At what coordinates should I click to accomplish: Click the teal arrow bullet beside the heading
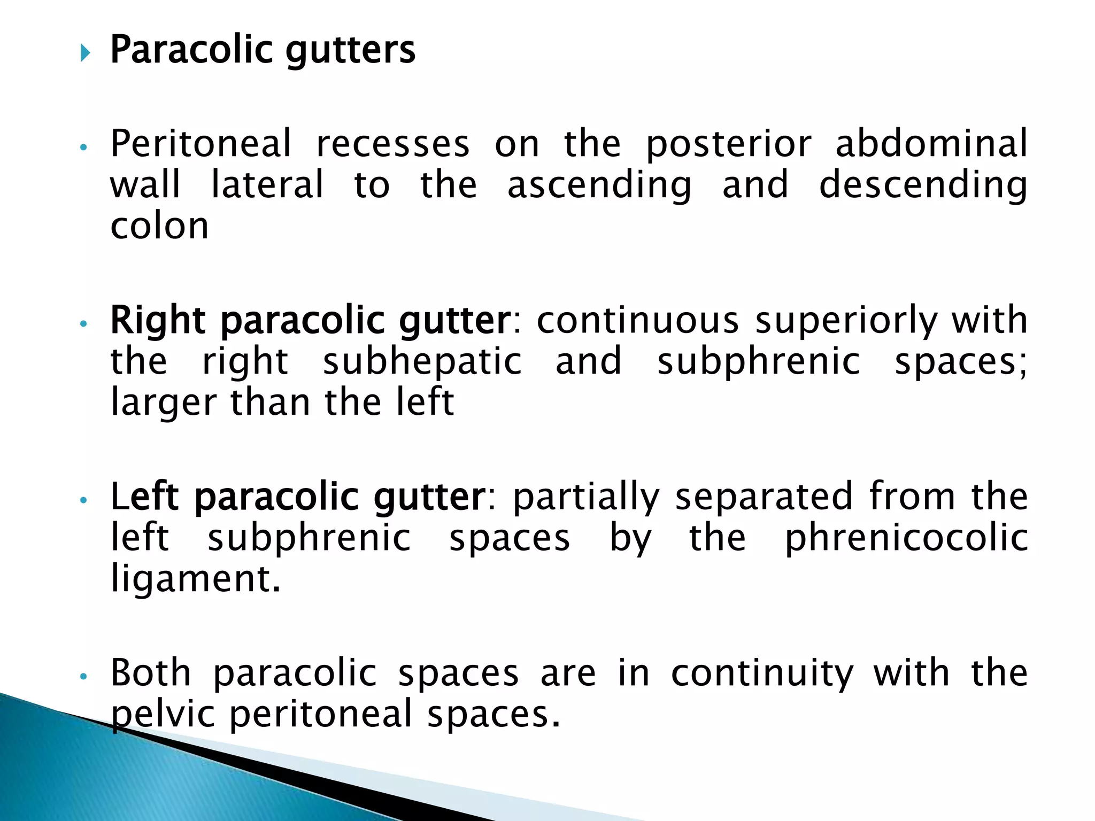click(85, 53)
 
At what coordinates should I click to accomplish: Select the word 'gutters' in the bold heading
click(350, 51)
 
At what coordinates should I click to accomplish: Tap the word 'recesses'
click(393, 144)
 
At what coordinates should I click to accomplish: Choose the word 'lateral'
click(267, 184)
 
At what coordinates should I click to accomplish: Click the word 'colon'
click(159, 226)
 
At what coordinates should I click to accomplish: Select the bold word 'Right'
click(158, 321)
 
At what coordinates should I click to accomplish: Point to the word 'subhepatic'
click(422, 362)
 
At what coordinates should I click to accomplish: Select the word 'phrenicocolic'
click(906, 538)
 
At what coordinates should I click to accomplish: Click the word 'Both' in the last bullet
click(151, 673)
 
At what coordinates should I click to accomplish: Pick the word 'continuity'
click(762, 674)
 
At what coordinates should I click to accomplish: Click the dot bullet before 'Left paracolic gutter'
click(83, 500)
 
